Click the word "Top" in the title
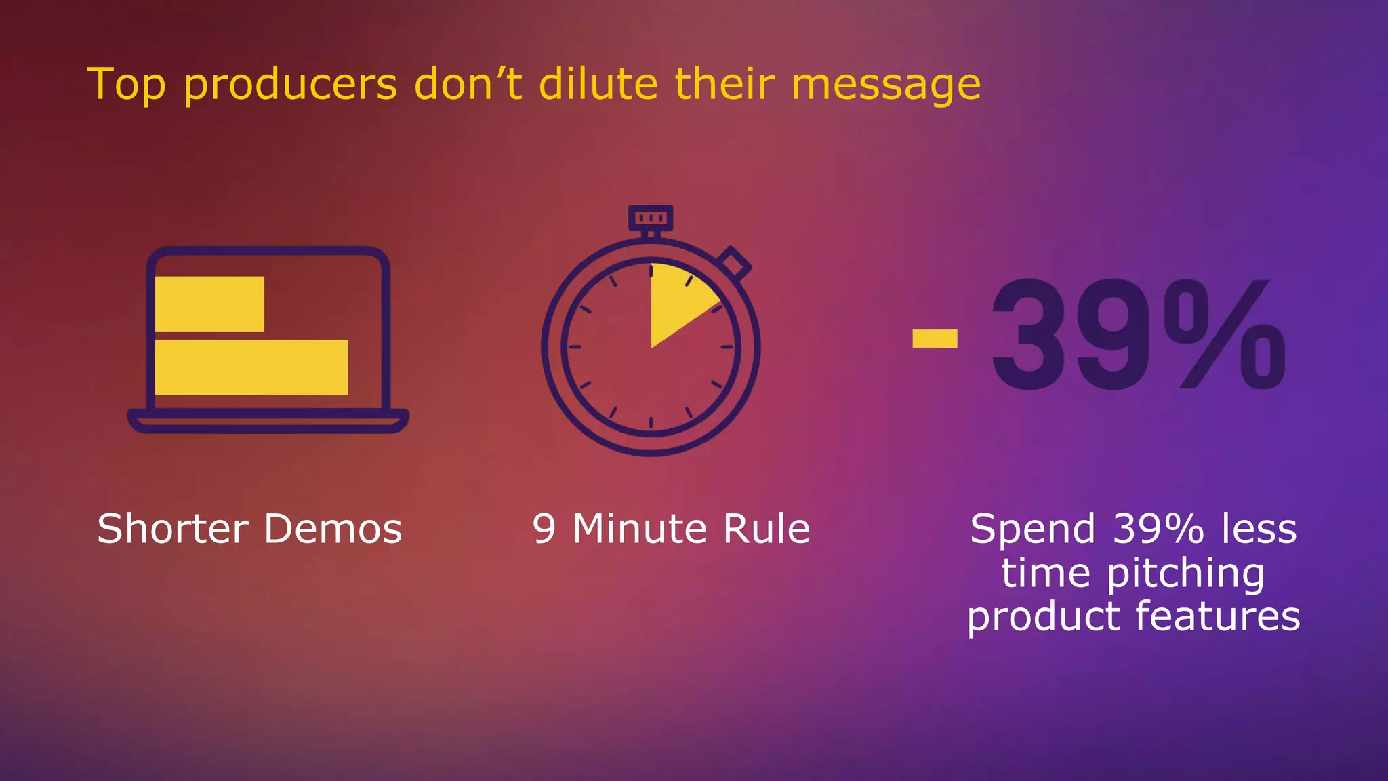point(126,85)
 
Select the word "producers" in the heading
point(290,86)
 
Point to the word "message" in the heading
point(886,86)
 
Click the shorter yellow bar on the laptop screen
point(209,304)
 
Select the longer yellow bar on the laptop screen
point(251,367)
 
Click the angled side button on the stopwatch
point(735,263)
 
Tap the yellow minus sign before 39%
point(935,338)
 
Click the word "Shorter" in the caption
point(173,529)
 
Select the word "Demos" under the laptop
point(333,529)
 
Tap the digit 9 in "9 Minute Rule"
point(544,529)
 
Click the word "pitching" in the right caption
point(1185,575)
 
